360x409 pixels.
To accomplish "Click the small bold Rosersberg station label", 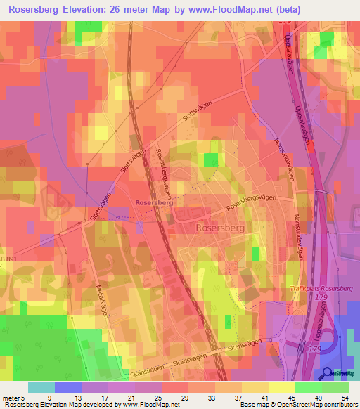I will point(154,202).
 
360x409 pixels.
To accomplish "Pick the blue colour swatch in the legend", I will point(68,387).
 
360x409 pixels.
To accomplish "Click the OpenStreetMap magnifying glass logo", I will point(327,374).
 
